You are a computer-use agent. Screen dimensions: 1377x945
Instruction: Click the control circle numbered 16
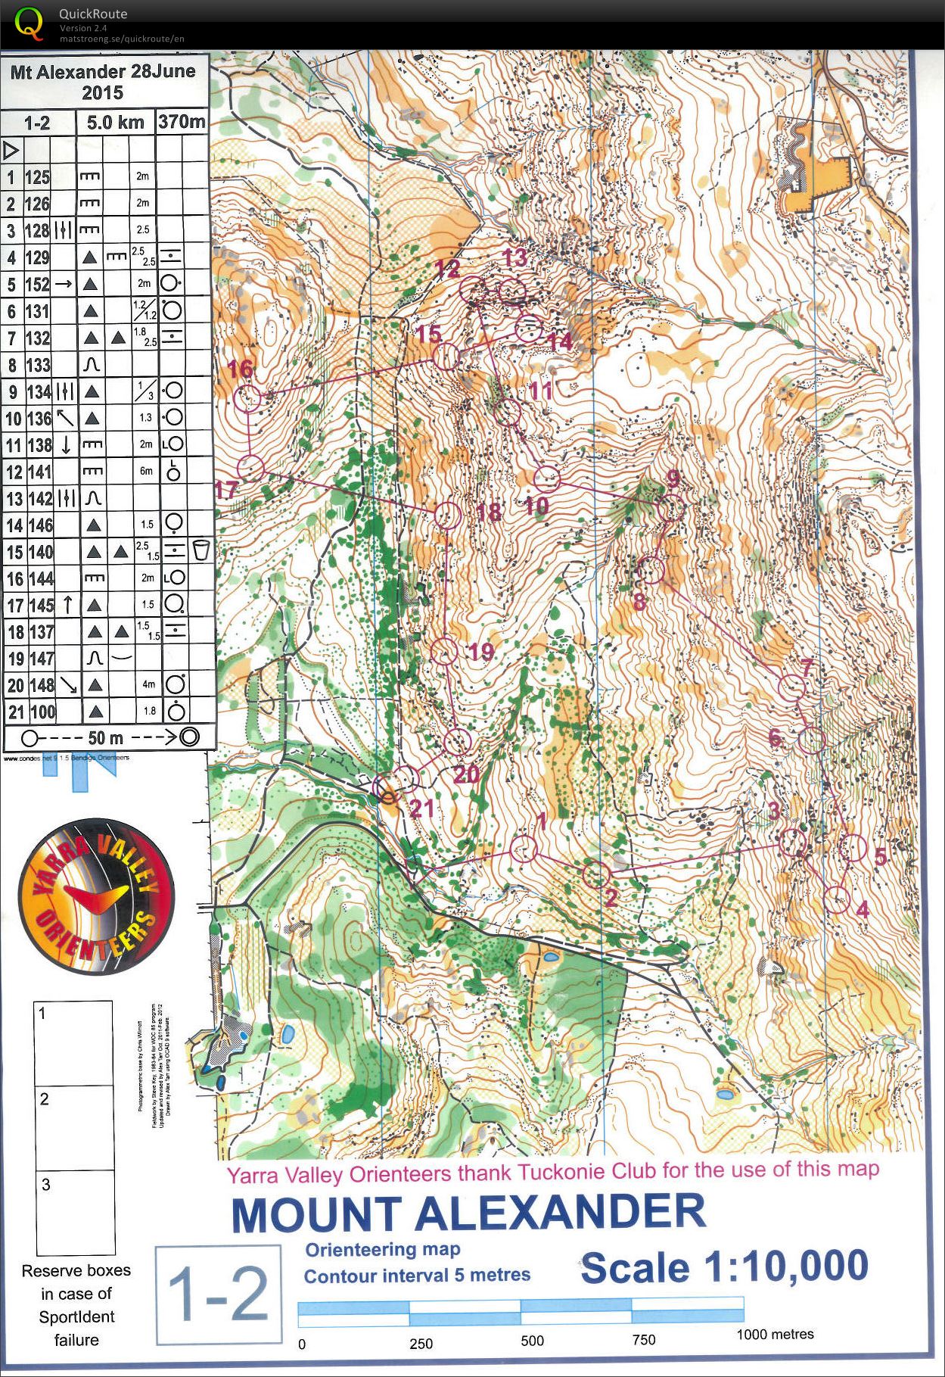[x=247, y=398]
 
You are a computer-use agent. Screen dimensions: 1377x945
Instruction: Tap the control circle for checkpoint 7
[x=792, y=687]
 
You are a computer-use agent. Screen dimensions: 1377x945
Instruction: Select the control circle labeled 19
[x=444, y=651]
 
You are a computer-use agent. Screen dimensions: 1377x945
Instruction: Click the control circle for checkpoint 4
[x=836, y=899]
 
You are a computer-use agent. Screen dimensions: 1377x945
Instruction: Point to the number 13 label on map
[x=515, y=257]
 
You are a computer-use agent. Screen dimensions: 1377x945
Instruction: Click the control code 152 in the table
[x=38, y=285]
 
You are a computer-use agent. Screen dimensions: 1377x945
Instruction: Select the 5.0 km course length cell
[x=115, y=122]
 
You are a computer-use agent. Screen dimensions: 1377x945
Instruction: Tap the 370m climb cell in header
[x=182, y=121]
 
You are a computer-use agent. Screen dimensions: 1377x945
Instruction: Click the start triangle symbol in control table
[x=11, y=149]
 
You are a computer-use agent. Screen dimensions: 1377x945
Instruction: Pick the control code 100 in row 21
[x=42, y=712]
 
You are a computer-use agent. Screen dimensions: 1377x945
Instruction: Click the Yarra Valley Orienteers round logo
[x=96, y=896]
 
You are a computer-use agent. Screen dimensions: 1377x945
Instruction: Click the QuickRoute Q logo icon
[x=29, y=23]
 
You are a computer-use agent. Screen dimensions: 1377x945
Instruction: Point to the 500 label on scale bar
[x=532, y=1341]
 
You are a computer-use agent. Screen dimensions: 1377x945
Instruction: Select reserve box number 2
[x=74, y=1128]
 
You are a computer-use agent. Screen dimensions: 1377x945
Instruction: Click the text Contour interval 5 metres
[x=417, y=1276]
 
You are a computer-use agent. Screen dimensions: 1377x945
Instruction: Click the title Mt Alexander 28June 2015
[x=103, y=82]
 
